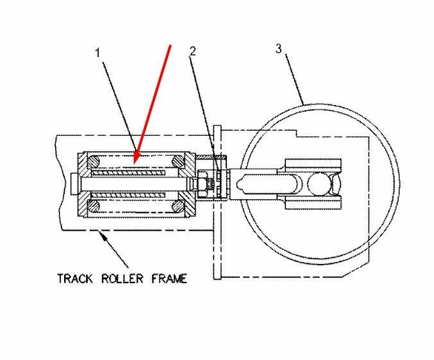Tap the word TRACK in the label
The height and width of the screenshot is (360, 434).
(76, 279)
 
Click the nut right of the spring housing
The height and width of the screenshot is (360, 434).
(201, 183)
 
